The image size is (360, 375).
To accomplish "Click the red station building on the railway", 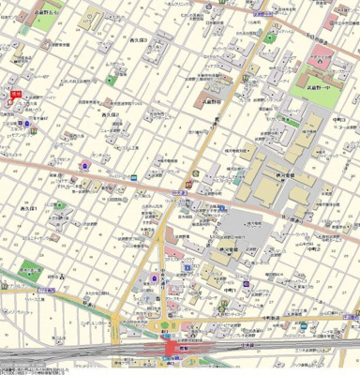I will (172, 348).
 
